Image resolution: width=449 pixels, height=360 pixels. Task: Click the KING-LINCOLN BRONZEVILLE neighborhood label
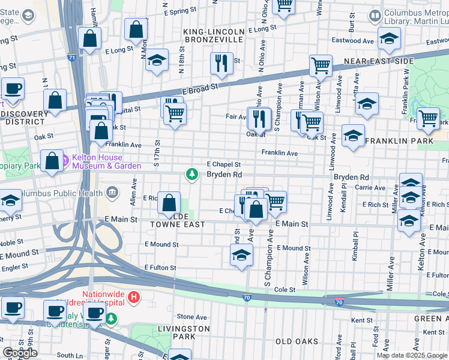point(214,35)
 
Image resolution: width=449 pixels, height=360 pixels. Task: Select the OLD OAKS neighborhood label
point(297,341)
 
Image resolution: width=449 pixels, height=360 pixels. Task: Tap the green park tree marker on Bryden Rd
point(192,175)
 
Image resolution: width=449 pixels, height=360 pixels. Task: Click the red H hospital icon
point(134,296)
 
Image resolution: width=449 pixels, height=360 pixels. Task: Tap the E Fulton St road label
point(160,268)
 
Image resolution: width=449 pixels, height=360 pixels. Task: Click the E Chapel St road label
point(223,164)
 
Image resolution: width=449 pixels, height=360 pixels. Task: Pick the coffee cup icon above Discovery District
point(12,88)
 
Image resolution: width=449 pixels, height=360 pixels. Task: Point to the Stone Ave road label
point(192,317)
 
